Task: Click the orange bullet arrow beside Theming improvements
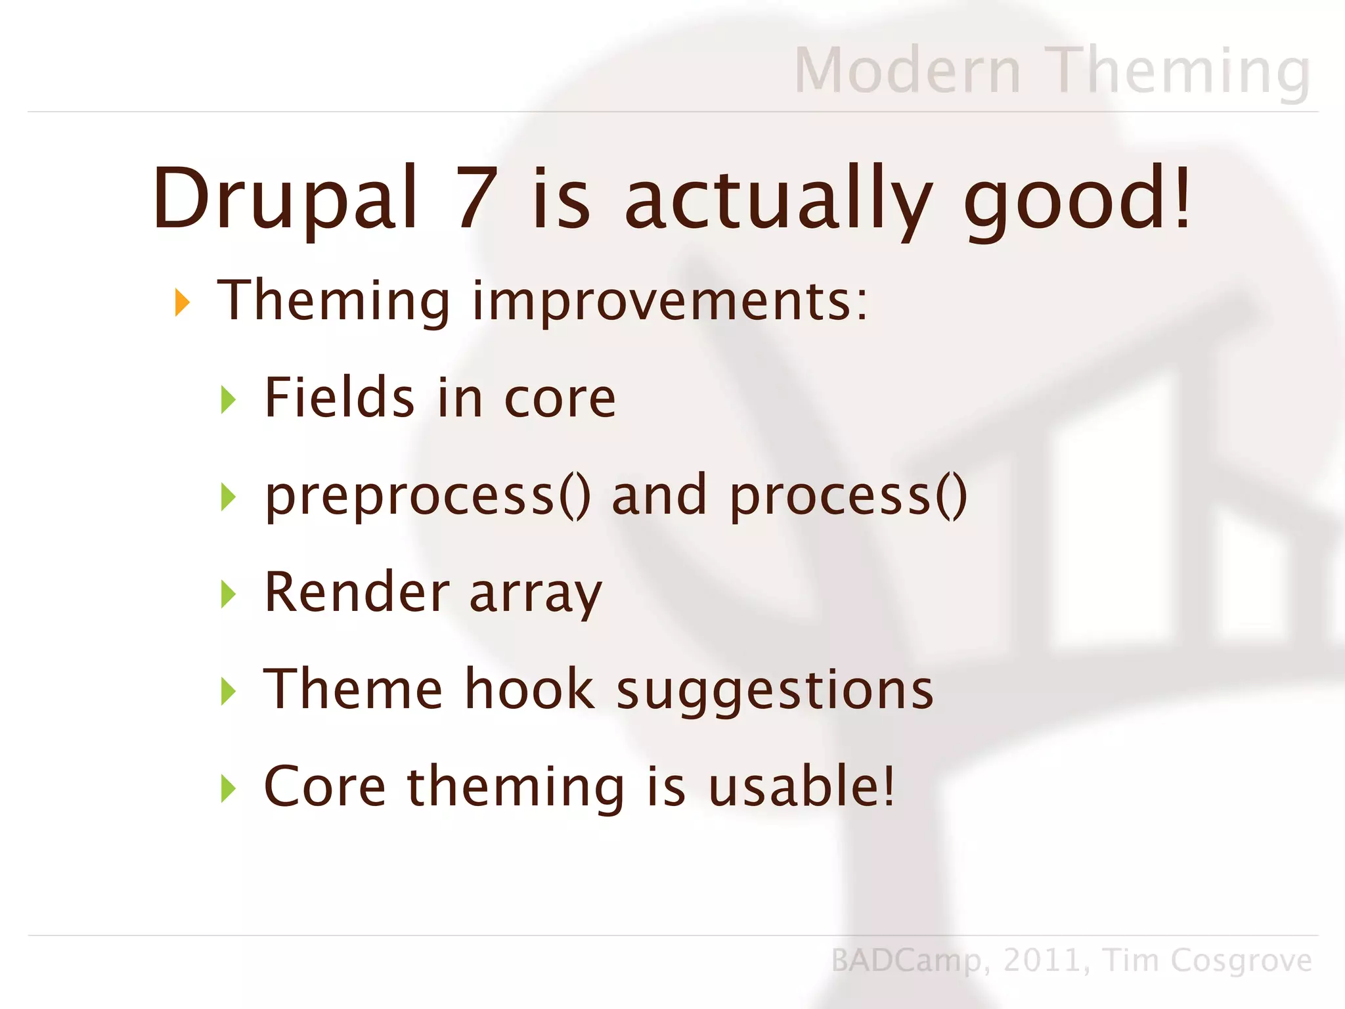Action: click(182, 302)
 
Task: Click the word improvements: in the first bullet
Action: click(670, 302)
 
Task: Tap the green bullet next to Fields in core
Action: click(228, 399)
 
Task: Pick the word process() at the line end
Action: click(849, 497)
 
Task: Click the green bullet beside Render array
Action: click(228, 594)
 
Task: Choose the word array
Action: click(535, 593)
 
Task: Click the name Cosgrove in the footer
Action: click(1241, 961)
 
